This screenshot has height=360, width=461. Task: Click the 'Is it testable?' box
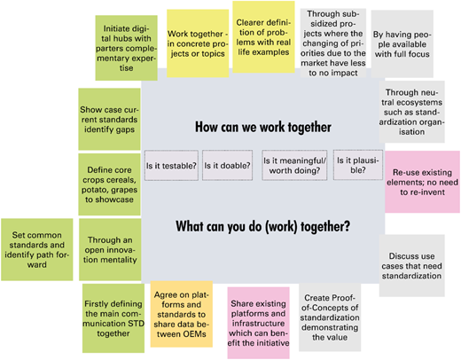[x=171, y=165]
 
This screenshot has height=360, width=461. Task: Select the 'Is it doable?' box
[x=227, y=165]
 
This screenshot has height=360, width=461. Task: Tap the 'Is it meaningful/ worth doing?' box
[x=294, y=165]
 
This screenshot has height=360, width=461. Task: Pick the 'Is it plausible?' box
[x=358, y=165]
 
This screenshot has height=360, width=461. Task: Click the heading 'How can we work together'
[x=263, y=127]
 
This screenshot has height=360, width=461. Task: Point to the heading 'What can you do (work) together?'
[x=263, y=227]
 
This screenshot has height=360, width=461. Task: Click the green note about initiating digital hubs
[x=126, y=48]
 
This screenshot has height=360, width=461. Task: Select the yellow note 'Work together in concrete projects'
[x=198, y=43]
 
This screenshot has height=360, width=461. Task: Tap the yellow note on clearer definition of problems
[x=263, y=37]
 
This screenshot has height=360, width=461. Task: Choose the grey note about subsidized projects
[x=333, y=43]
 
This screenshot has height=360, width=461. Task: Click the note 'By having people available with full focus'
[x=402, y=43]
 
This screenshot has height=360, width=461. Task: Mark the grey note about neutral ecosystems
[x=411, y=112]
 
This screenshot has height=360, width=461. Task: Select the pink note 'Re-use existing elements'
[x=422, y=182]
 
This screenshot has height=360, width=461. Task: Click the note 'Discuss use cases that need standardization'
[x=411, y=265]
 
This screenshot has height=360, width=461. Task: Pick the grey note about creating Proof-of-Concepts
[x=330, y=317]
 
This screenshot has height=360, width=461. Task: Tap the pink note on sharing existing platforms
[x=258, y=323]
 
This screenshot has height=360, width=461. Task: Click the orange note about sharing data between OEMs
[x=181, y=314]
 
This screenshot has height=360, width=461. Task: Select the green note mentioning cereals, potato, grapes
[x=109, y=184]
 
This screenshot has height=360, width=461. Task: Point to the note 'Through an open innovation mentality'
[x=110, y=249]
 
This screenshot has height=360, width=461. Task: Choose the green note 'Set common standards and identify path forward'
[x=37, y=249]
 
